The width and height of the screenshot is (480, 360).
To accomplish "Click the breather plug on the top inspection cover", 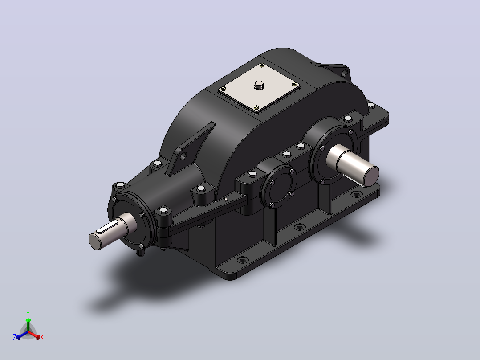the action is [x=259, y=85].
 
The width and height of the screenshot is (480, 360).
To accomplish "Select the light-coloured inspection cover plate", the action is [x=259, y=88].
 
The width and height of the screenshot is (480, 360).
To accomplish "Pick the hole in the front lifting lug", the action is [x=183, y=156].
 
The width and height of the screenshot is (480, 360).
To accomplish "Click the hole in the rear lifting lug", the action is [x=344, y=73].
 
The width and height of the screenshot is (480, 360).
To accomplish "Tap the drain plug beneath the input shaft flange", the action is [x=140, y=253].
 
